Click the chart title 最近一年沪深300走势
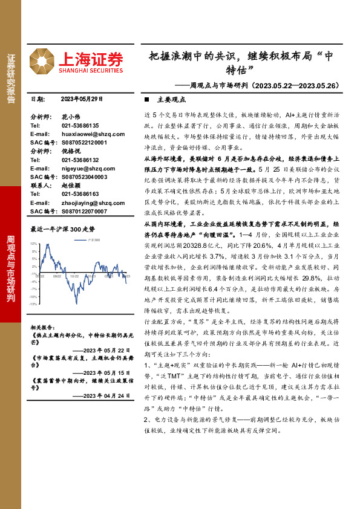63,230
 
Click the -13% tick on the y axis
33,304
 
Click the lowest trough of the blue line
77,302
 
